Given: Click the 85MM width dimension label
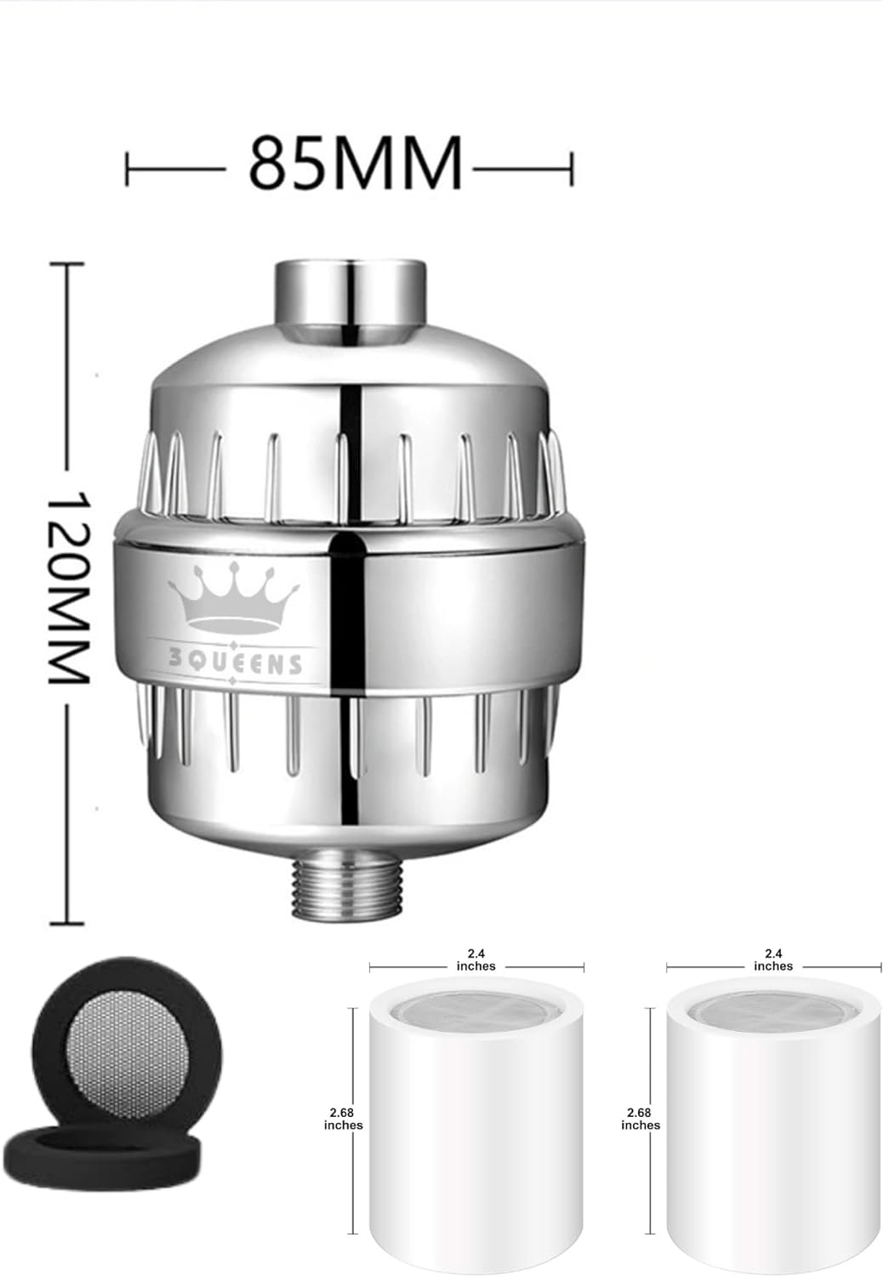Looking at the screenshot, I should click(355, 162).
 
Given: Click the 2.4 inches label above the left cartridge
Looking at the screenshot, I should click(476, 959).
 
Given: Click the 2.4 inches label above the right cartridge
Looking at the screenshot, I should click(773, 959).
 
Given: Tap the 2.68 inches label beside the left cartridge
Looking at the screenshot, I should click(343, 1119).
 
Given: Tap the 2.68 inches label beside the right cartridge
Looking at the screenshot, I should click(641, 1119).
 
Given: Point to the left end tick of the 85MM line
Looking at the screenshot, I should click(128, 168).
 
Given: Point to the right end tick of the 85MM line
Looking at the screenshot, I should click(572, 168).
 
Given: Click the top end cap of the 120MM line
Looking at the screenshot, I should click(68, 266).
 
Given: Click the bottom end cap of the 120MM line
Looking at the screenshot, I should click(68, 922).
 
